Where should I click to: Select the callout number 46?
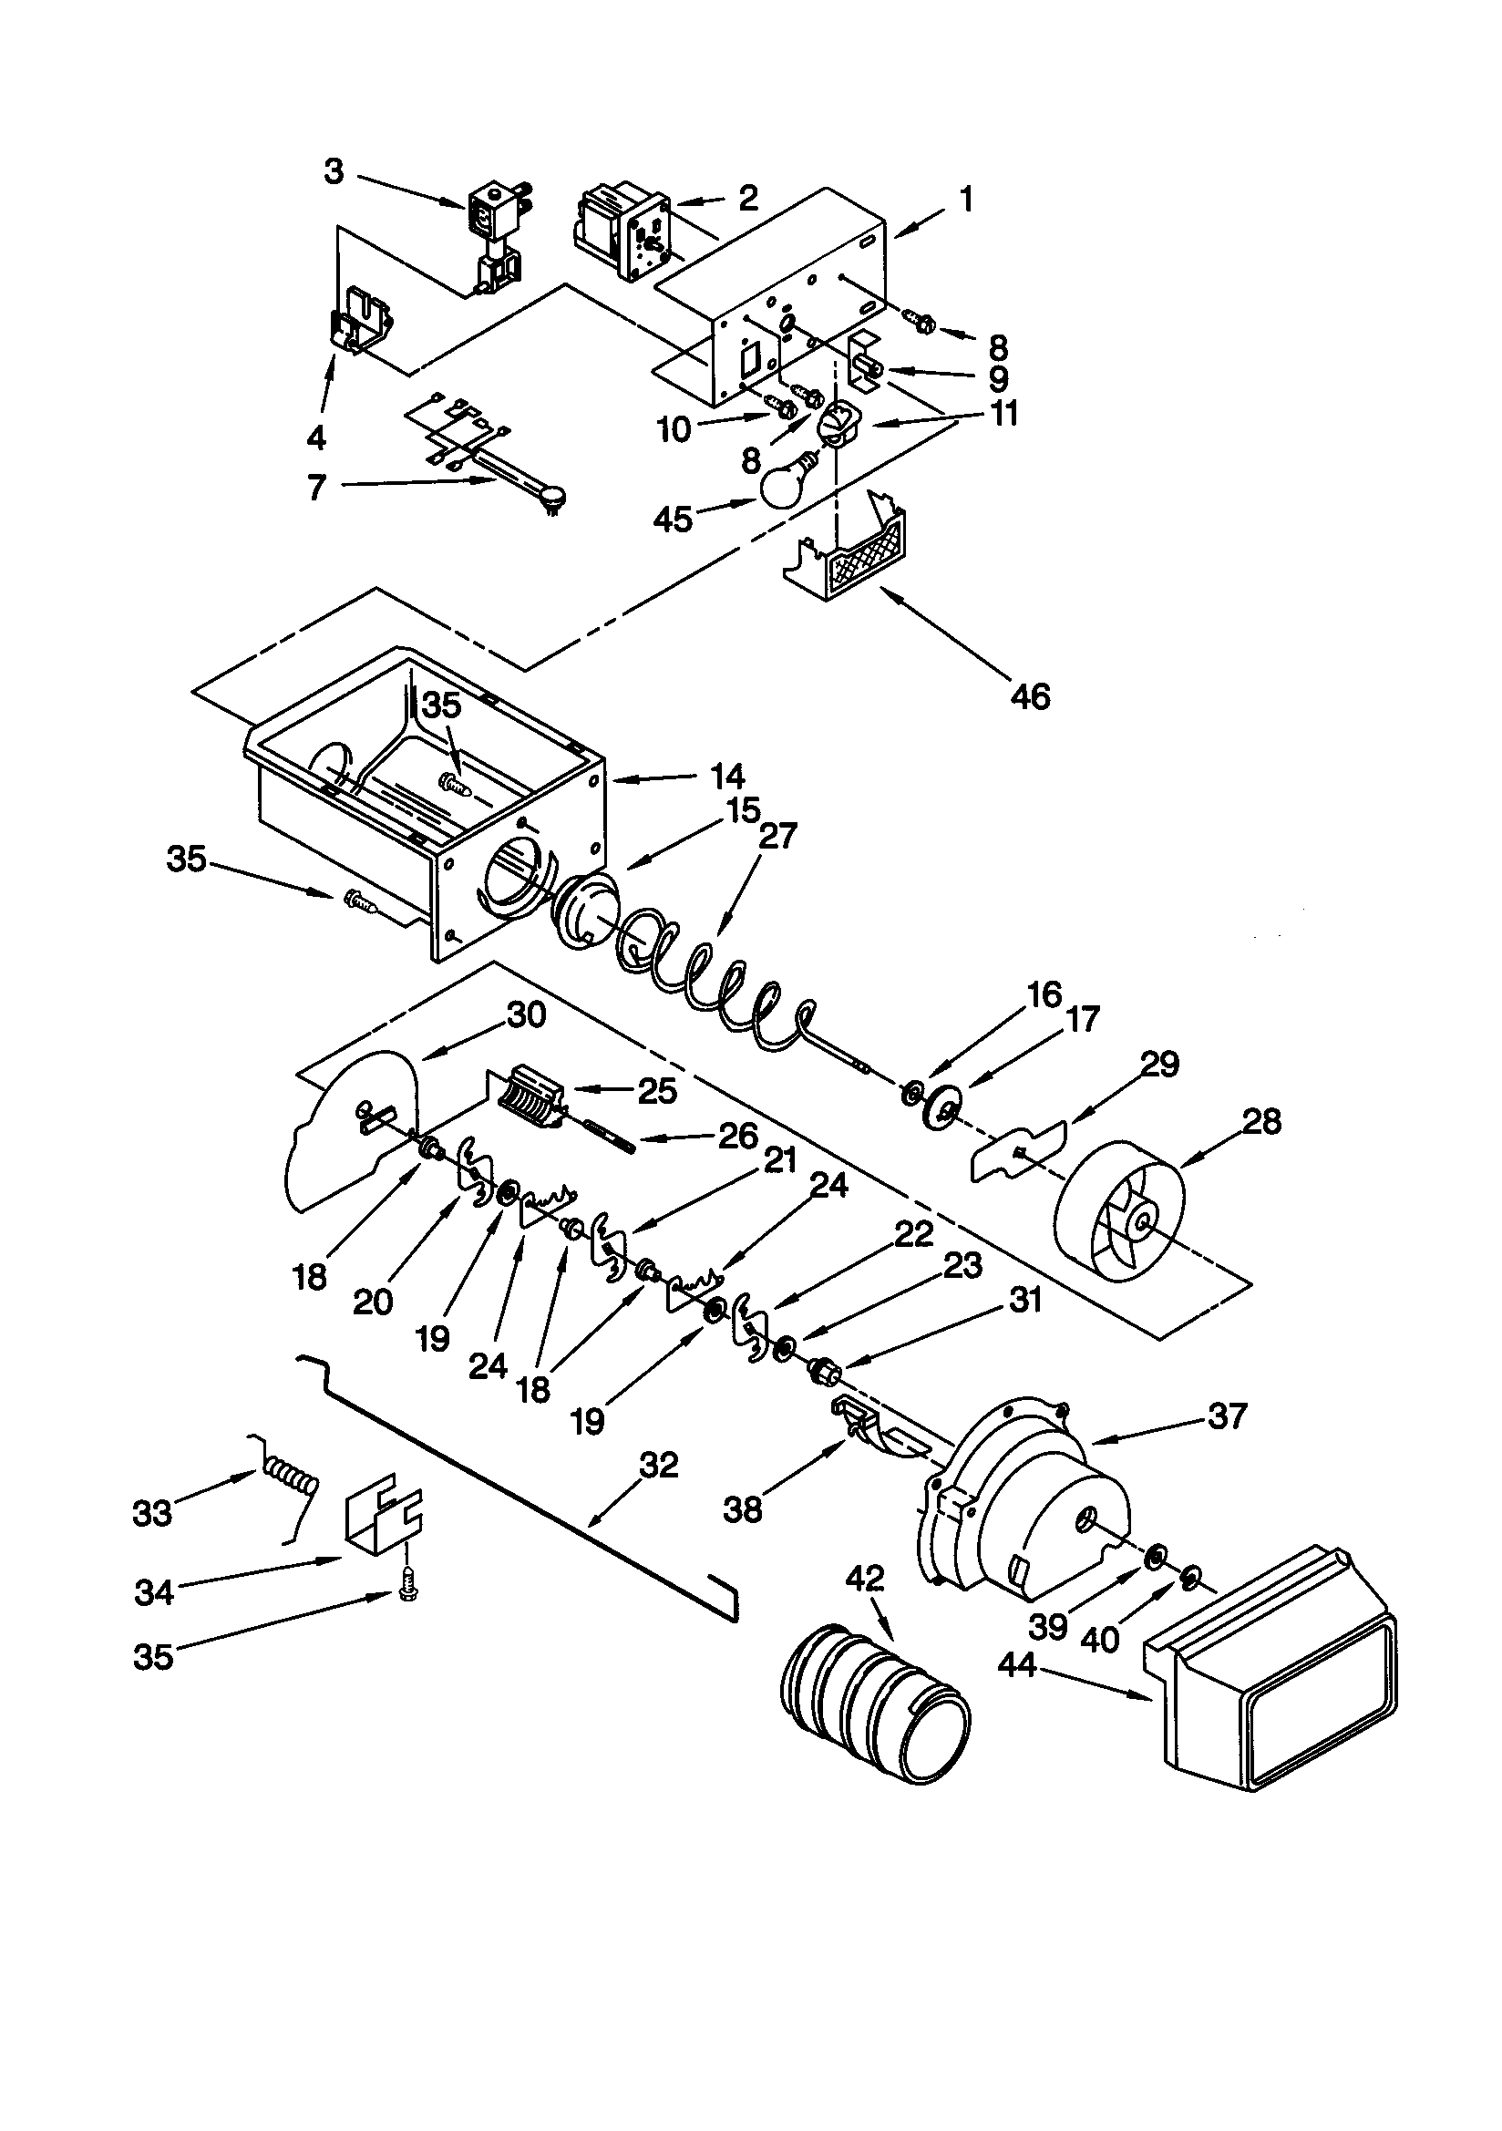(1031, 696)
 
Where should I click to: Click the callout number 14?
(729, 776)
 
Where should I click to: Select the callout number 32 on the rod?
(659, 1466)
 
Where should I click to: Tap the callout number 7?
(317, 488)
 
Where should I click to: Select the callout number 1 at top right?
(966, 200)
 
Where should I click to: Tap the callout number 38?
(743, 1510)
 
